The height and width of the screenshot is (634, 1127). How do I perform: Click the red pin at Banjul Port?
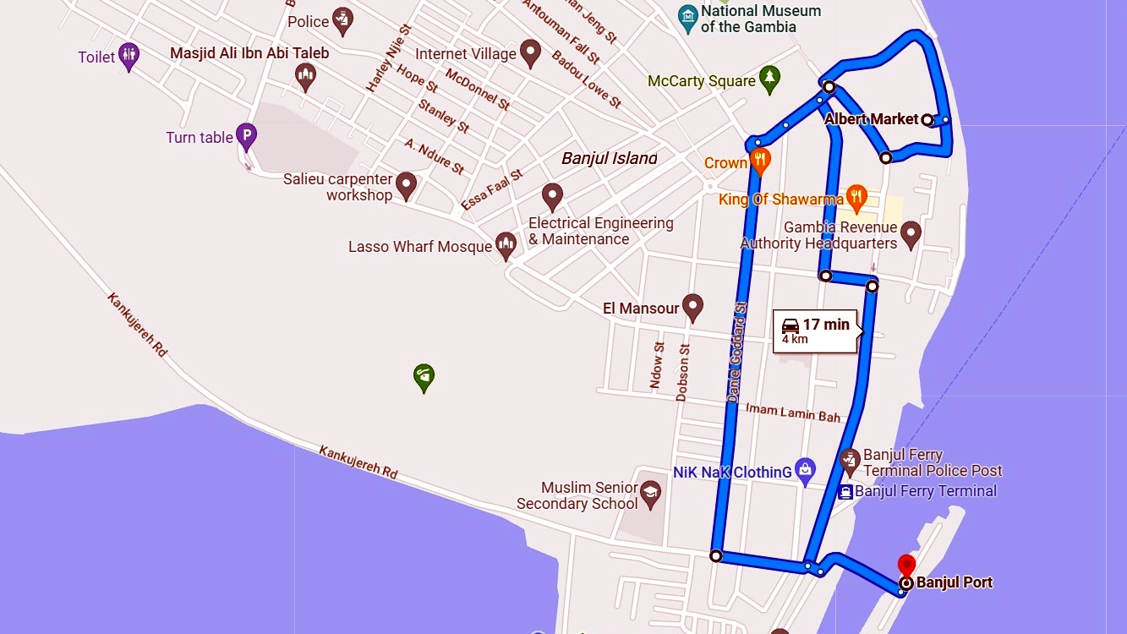[906, 565]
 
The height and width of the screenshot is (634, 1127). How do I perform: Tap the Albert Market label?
[871, 119]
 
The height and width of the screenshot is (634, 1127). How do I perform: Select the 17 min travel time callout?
[815, 330]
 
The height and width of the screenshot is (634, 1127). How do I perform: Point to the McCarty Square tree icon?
[769, 79]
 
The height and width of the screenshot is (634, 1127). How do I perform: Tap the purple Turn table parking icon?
[246, 135]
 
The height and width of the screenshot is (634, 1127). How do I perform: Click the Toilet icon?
[129, 56]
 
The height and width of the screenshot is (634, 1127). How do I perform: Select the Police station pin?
[342, 19]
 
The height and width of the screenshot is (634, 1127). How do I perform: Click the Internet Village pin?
[530, 52]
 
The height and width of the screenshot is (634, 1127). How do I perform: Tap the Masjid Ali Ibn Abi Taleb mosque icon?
[306, 77]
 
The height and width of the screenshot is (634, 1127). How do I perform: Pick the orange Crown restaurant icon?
[761, 160]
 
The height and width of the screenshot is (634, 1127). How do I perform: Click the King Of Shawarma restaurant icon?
[856, 198]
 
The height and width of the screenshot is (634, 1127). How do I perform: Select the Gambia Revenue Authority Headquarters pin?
[911, 233]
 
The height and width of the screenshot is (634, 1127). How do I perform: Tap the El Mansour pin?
[693, 307]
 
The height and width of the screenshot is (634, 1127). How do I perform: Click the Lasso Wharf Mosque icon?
[506, 245]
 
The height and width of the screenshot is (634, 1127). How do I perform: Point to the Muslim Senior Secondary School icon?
[650, 494]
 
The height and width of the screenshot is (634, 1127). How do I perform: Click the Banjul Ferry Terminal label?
[926, 491]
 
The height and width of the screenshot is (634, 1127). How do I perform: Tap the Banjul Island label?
[609, 158]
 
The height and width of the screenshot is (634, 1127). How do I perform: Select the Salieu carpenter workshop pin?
[406, 185]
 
